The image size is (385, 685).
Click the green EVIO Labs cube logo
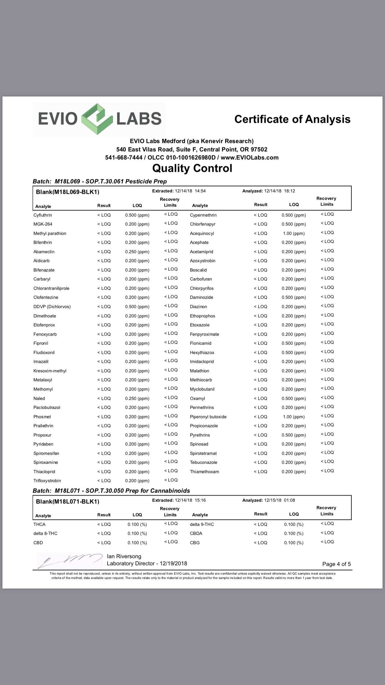point(97,119)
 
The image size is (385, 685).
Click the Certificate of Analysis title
point(292,119)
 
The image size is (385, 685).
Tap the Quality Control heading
point(192,168)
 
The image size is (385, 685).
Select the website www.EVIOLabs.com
point(250,158)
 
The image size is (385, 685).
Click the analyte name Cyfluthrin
point(43,215)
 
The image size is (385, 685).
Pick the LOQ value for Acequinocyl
point(294,233)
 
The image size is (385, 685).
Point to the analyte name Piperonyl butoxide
point(208,417)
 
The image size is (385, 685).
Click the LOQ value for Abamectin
point(137,252)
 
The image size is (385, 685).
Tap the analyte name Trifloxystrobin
point(47,481)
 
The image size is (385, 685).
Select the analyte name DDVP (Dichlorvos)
point(52,307)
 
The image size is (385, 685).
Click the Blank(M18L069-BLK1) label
point(68,192)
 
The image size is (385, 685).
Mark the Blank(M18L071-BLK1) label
point(68,501)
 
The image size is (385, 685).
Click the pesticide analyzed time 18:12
point(290,191)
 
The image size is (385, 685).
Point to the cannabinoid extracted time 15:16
point(200,500)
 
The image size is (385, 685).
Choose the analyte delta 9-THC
point(202,524)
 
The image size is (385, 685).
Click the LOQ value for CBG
point(294,543)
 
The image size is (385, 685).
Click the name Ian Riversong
point(124,556)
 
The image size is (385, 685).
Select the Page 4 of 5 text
point(336,564)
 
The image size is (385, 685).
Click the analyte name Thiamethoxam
point(204,472)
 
